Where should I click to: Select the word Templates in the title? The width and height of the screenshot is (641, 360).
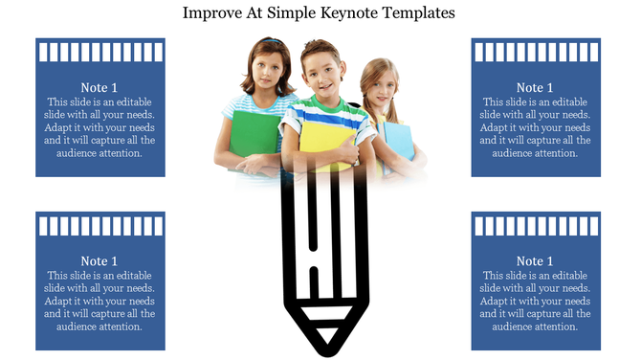(422, 13)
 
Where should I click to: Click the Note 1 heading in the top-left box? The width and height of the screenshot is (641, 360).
(99, 88)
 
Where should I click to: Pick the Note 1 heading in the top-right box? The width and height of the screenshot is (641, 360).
(535, 88)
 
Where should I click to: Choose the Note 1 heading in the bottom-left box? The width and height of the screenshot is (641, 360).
(99, 261)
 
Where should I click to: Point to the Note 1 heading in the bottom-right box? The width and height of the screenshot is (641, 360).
(535, 261)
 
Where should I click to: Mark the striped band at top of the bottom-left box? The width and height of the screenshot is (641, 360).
(99, 226)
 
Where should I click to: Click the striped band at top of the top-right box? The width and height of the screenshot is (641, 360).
(535, 52)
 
